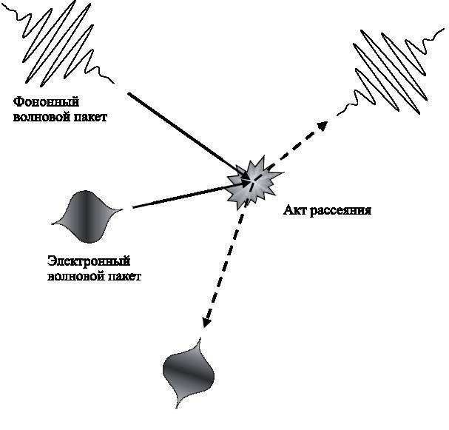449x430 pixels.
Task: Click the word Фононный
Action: coord(46,101)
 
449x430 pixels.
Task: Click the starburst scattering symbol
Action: coord(254,180)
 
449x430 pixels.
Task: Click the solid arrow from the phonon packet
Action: coord(185,133)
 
